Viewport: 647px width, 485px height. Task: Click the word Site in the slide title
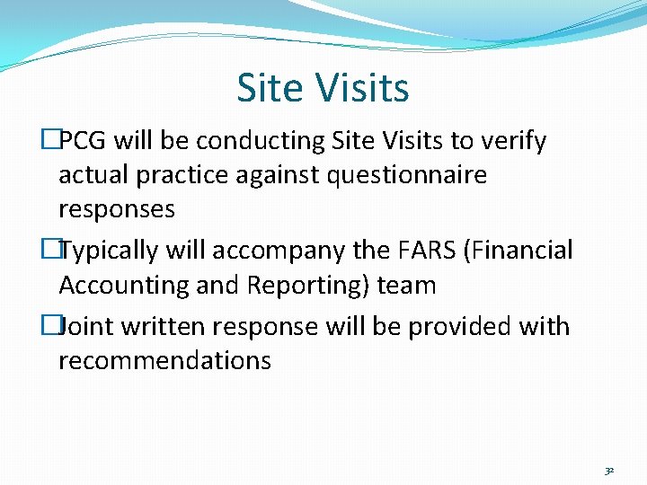pyautogui.click(x=265, y=88)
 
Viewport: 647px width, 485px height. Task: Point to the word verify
pyautogui.click(x=513, y=141)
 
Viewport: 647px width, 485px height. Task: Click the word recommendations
pyautogui.click(x=164, y=360)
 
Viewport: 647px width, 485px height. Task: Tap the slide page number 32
pyautogui.click(x=608, y=471)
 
